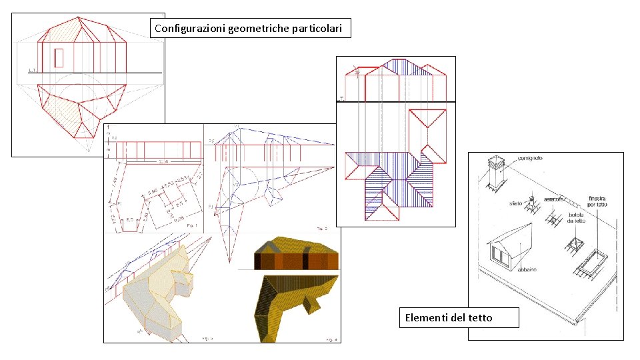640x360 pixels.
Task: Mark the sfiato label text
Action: pyautogui.click(x=516, y=203)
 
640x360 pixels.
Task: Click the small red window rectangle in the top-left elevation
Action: pyautogui.click(x=59, y=57)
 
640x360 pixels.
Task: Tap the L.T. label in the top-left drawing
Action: pyautogui.click(x=32, y=69)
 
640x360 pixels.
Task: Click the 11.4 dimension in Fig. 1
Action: pyautogui.click(x=163, y=162)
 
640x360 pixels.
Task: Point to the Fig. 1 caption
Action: pyautogui.click(x=193, y=227)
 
